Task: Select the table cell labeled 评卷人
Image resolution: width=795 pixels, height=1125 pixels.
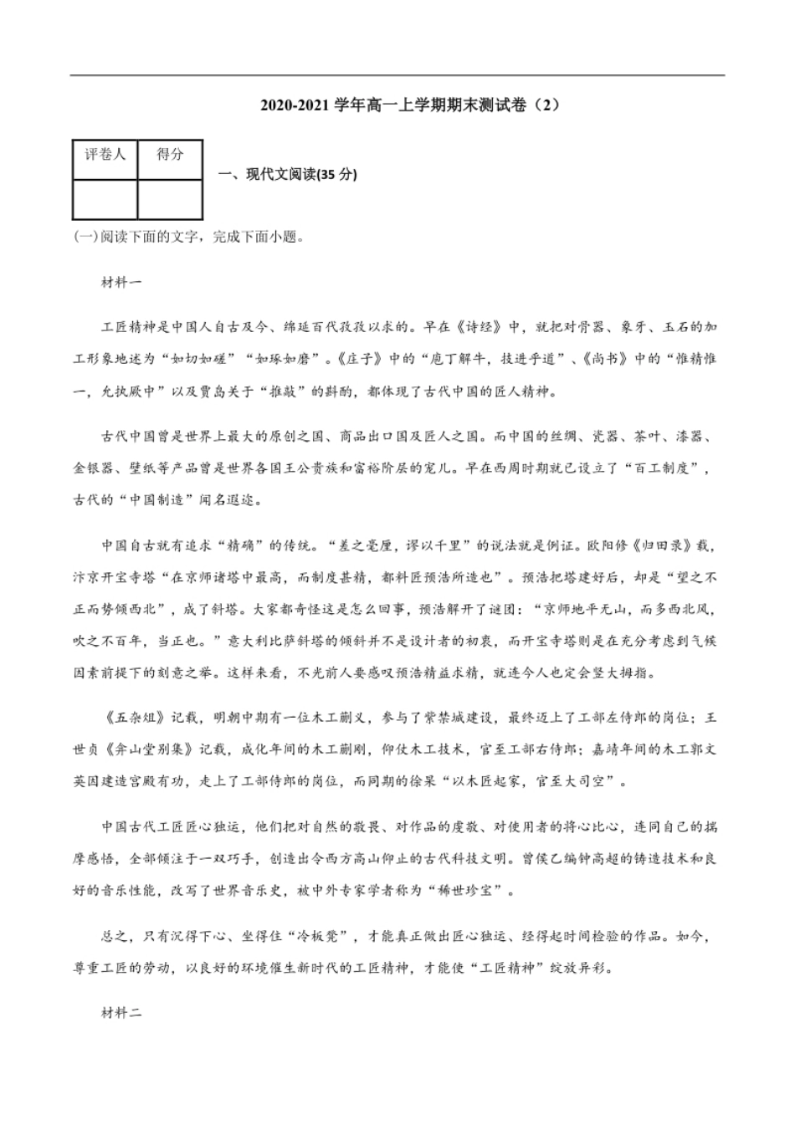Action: coord(105,155)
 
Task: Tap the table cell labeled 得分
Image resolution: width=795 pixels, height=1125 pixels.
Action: coord(170,155)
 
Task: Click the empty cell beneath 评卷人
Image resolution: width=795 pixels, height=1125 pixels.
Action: coord(105,198)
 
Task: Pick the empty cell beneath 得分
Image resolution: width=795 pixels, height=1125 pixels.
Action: coord(170,198)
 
